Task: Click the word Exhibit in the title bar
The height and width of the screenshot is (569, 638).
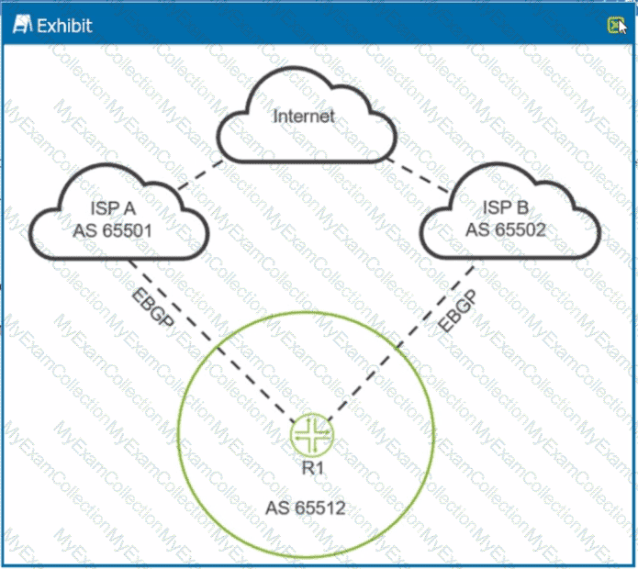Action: pos(63,25)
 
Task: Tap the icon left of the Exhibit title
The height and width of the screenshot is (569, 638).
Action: pos(21,25)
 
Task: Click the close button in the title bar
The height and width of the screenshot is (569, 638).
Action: pos(613,25)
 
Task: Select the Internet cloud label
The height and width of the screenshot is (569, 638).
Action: pos(304,117)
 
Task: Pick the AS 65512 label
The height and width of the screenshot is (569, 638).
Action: pos(305,507)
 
